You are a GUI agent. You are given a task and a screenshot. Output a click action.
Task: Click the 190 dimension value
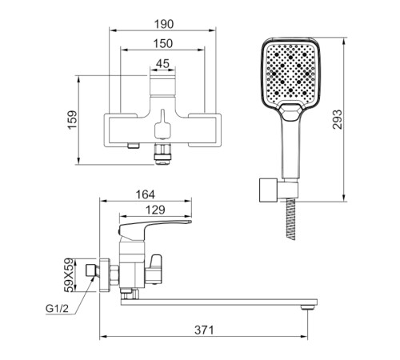[x=164, y=24]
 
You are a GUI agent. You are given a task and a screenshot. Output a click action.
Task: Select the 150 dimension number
[x=163, y=43]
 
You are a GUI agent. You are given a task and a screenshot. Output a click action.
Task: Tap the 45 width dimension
[x=162, y=63]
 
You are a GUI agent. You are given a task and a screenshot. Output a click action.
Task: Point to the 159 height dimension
[x=72, y=120]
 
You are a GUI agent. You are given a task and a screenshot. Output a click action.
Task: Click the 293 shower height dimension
[x=337, y=119]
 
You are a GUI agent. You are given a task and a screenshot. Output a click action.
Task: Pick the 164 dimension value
[x=146, y=194]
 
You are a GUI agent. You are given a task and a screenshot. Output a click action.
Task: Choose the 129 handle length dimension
[x=155, y=210]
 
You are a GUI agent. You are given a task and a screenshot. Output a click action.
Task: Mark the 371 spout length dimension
[x=204, y=330]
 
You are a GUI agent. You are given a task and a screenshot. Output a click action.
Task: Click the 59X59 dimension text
[x=69, y=275]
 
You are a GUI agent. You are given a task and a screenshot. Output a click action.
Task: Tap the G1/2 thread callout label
[x=57, y=309]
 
